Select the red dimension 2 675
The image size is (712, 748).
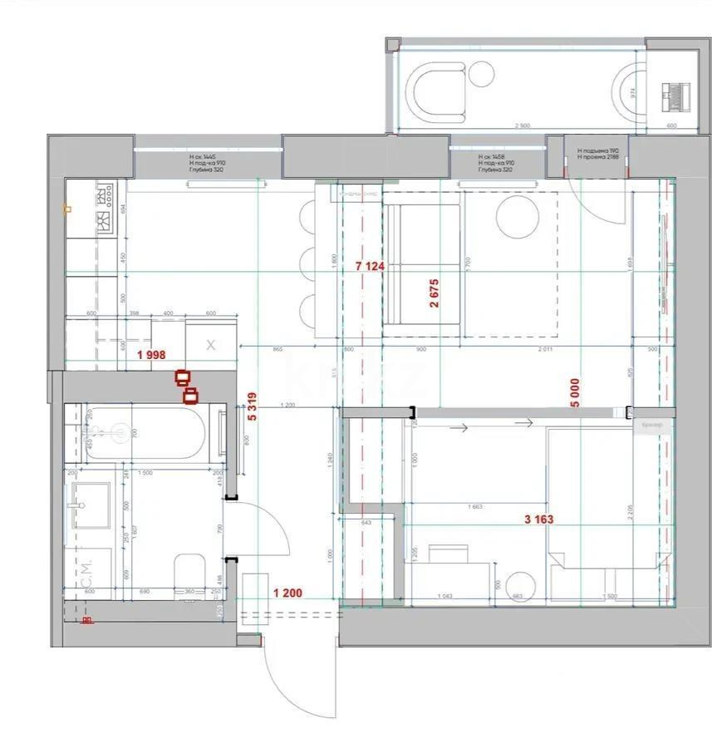pos(434,293)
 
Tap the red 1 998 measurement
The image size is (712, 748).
pos(150,354)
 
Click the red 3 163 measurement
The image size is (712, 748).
pos(538,520)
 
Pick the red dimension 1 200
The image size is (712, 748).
pos(287,593)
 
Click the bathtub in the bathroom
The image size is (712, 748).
pos(145,432)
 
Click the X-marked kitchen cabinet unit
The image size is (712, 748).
pos(210,345)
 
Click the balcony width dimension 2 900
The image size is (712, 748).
pos(522,125)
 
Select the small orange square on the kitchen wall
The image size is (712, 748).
pos(66,209)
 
